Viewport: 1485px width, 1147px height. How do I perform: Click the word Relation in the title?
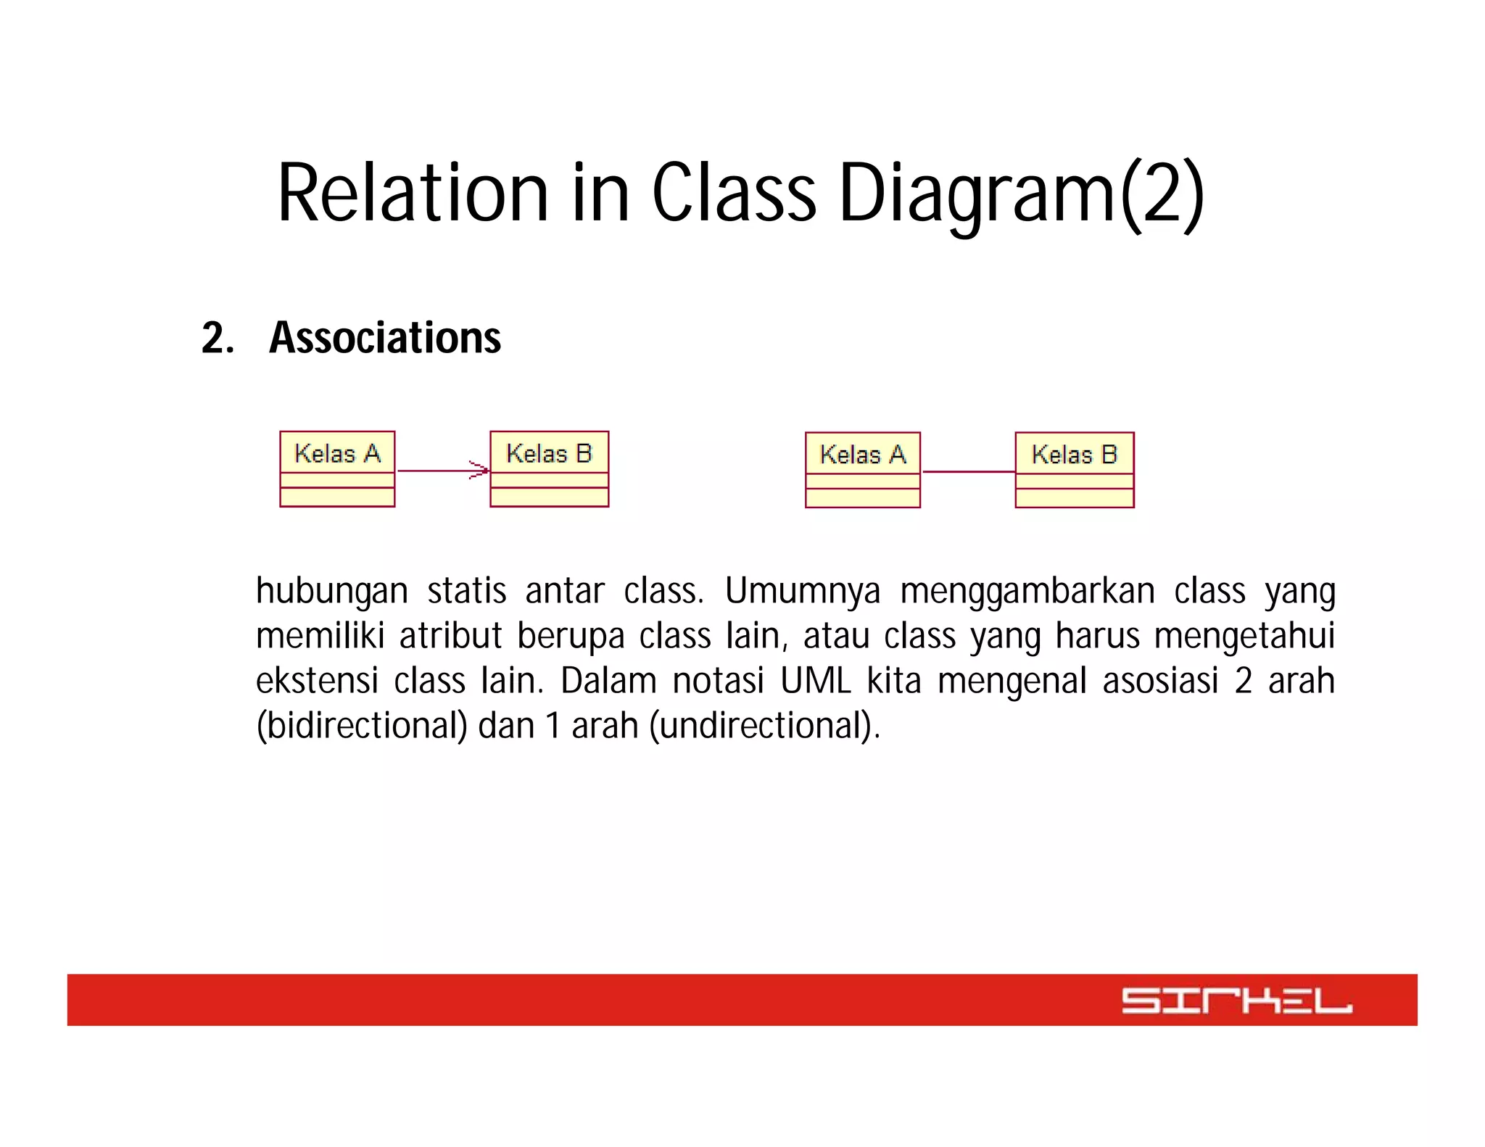coord(413,193)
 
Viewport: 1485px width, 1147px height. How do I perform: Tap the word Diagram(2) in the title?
coord(1021,193)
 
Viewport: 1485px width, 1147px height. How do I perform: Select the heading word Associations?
coord(385,338)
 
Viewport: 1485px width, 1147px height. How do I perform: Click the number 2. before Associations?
coord(218,338)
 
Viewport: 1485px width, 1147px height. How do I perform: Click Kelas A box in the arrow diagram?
coord(337,469)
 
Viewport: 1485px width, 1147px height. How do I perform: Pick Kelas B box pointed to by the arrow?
coord(549,469)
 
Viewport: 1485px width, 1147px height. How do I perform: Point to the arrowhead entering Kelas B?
coord(481,471)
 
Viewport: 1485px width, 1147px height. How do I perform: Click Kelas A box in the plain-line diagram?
coord(862,470)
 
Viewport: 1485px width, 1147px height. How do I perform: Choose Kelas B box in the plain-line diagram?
coord(1074,470)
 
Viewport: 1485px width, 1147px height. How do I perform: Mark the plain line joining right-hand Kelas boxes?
coord(968,472)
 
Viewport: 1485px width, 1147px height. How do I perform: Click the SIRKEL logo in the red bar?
coord(1236,1001)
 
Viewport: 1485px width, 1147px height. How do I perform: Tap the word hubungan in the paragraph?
coord(331,591)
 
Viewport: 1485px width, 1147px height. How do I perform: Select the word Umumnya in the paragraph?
coord(802,591)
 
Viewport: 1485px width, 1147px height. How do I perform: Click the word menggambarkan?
coord(1027,591)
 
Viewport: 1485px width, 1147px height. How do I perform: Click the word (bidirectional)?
coord(362,726)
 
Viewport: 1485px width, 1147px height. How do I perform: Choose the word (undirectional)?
coord(764,726)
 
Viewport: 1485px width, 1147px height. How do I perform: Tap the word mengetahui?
coord(1244,636)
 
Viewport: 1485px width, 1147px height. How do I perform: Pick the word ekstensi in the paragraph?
coord(317,681)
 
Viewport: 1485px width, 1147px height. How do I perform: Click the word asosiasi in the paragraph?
coord(1160,681)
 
